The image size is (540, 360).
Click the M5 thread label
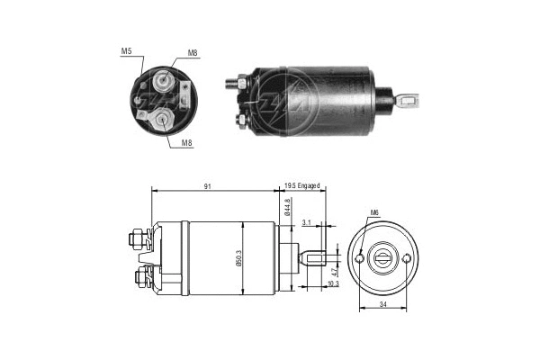coord(126,50)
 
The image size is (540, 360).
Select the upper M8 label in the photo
coord(193,55)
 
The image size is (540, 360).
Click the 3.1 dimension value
coord(307,222)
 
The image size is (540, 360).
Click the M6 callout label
coord(373,213)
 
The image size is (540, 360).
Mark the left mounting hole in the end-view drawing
coord(360,258)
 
